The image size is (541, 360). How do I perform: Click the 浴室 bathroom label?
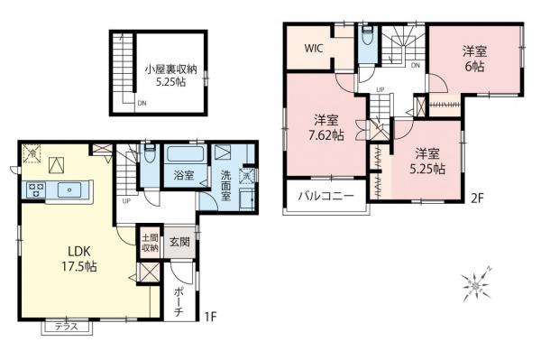click(183, 175)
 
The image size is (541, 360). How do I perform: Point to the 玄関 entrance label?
click(179, 240)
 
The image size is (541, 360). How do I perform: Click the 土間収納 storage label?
click(149, 242)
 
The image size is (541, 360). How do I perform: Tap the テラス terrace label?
click(67, 327)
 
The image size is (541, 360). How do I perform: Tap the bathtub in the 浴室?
click(183, 153)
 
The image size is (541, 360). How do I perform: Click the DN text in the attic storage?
click(142, 103)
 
